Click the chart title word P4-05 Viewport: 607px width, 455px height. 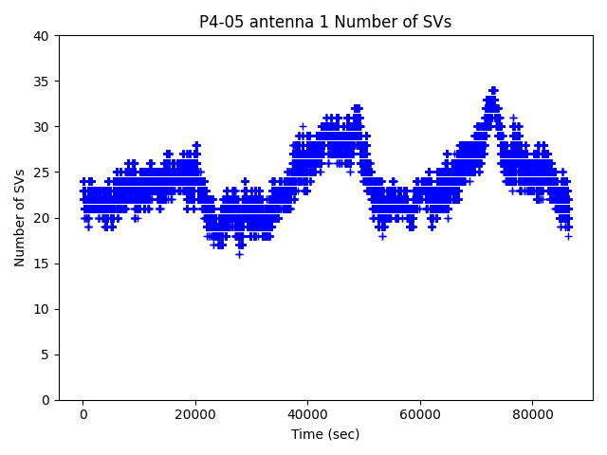[219, 22]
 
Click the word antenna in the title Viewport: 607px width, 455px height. [276, 22]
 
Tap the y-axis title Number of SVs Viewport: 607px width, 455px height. [20, 218]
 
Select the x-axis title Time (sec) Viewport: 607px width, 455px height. [325, 434]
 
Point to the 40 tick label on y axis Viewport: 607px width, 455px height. [42, 36]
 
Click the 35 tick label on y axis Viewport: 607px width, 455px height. [42, 82]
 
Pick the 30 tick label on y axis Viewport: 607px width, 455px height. [42, 127]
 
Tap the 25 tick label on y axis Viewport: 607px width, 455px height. [42, 173]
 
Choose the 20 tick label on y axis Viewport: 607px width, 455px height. [42, 218]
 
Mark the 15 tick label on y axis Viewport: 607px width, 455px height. [42, 264]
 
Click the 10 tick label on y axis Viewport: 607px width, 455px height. [42, 309]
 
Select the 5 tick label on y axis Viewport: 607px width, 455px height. [46, 355]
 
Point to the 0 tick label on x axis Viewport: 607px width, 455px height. [83, 414]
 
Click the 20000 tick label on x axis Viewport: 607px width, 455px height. [194, 414]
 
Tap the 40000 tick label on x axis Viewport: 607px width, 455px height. [306, 414]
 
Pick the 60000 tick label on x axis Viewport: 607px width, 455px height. [418, 414]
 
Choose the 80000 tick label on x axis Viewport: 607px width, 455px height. [531, 414]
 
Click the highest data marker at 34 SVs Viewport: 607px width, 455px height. [493, 91]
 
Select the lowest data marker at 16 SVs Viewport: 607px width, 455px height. [239, 254]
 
